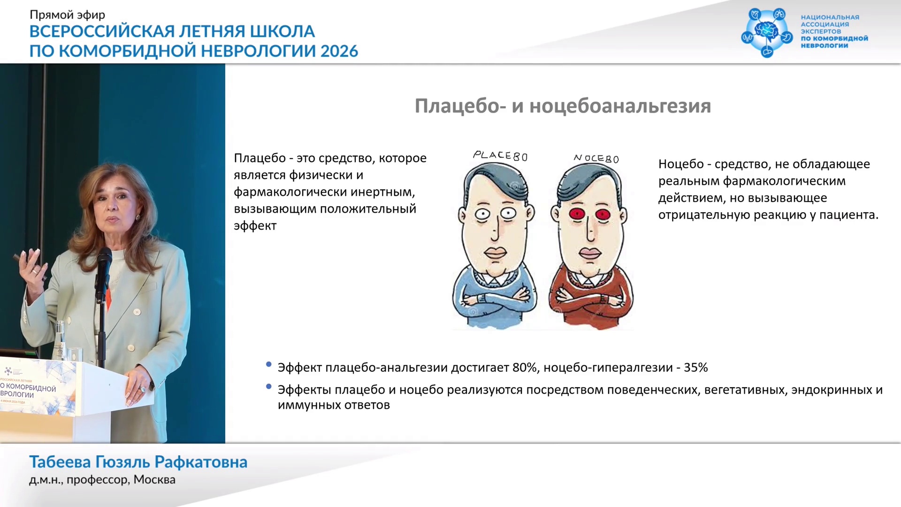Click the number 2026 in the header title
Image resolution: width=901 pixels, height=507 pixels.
click(x=339, y=51)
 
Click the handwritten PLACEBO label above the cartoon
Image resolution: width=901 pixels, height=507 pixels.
click(x=500, y=155)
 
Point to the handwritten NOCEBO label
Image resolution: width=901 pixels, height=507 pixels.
click(x=596, y=158)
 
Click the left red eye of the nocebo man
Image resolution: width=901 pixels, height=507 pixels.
click(x=576, y=214)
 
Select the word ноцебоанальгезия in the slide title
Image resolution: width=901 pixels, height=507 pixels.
click(x=620, y=106)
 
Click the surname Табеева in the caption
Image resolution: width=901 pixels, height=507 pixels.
click(x=60, y=462)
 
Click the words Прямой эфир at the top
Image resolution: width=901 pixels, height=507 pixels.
click(x=68, y=15)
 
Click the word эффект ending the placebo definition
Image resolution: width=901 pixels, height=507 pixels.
click(x=255, y=226)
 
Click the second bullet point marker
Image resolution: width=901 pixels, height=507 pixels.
click(x=269, y=386)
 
